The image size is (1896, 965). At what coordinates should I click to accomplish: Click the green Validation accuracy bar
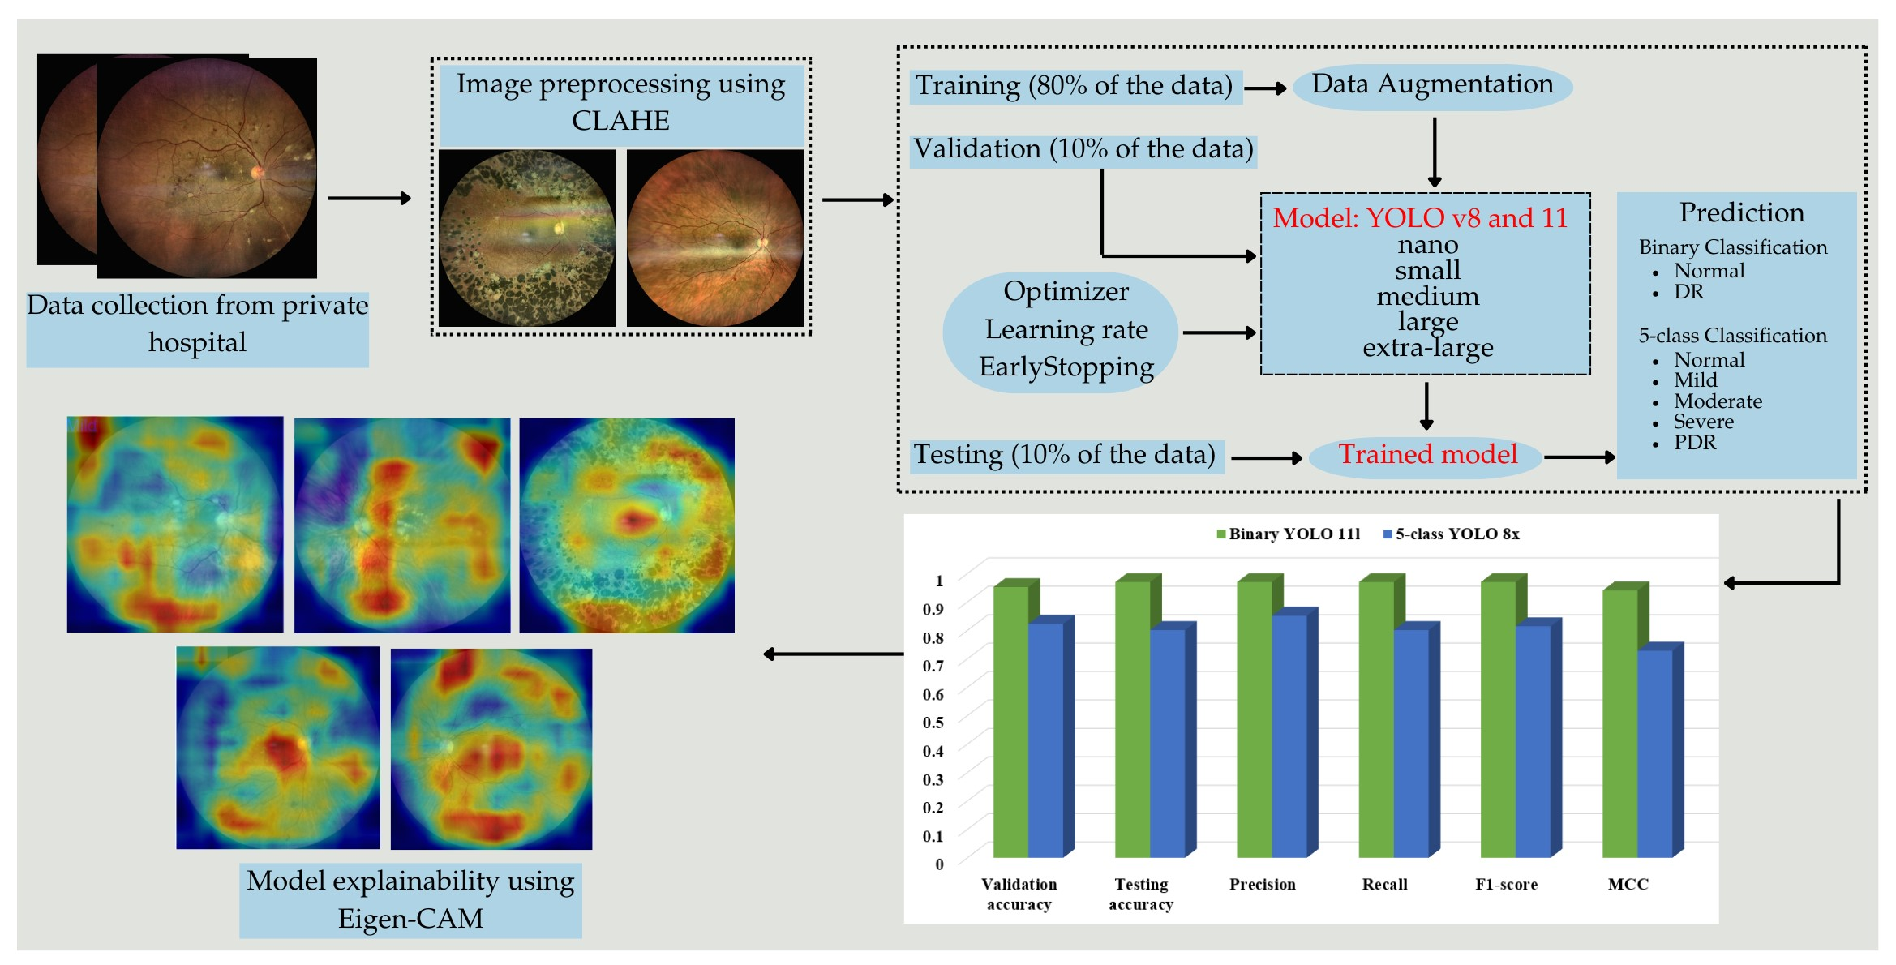[1010, 722]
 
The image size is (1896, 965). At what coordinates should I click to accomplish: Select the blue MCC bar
[1654, 754]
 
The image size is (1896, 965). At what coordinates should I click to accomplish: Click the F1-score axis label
[1506, 885]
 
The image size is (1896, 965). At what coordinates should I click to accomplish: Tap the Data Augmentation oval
[1432, 85]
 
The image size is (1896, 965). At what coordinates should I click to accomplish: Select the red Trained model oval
[1427, 455]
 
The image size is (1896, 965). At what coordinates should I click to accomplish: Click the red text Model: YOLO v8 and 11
[1420, 218]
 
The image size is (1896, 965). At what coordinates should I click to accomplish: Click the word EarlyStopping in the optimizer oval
[1066, 367]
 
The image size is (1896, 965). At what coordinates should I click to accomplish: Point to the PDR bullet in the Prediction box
[1695, 443]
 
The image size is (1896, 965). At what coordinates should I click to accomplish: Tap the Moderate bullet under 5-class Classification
[1718, 401]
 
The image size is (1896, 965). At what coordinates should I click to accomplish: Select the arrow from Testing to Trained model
[1266, 458]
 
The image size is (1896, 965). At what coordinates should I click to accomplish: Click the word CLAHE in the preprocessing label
[620, 121]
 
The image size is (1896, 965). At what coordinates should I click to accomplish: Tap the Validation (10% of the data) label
[1083, 150]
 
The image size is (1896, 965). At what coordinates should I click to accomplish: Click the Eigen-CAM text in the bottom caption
[410, 919]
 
